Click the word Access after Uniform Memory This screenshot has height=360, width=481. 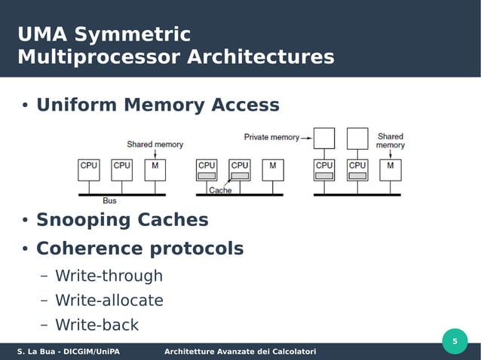[x=241, y=105]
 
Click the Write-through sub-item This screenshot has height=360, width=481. [x=109, y=276]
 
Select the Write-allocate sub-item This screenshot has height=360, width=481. [x=109, y=301]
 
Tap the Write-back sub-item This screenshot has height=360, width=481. [x=97, y=325]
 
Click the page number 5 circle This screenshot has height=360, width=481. [x=455, y=342]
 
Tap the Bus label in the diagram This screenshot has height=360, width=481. [x=110, y=200]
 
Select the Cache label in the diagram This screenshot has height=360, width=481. [x=220, y=191]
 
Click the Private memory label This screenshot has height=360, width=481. [x=271, y=137]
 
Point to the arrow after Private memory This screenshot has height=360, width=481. [x=307, y=138]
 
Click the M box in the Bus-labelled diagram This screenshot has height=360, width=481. [x=155, y=169]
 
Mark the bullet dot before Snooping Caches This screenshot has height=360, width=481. [x=24, y=221]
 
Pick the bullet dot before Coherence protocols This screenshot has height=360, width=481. [x=24, y=249]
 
